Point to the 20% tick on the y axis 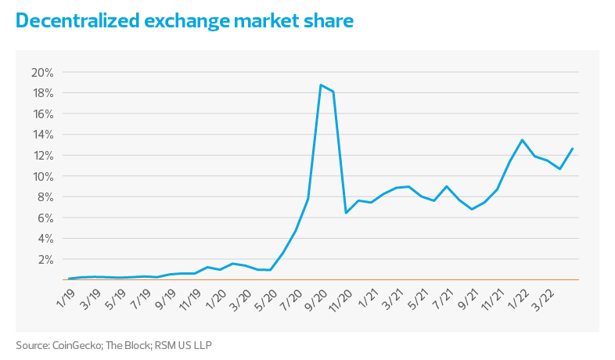(x=41, y=73)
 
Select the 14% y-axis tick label (x=41, y=135)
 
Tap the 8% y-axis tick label (x=44, y=197)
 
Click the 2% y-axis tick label (x=44, y=259)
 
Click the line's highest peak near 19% (x=320, y=85)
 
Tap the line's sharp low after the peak (x=346, y=212)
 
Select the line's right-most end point (x=574, y=147)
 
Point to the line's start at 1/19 (x=70, y=278)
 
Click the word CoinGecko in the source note (x=74, y=344)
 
